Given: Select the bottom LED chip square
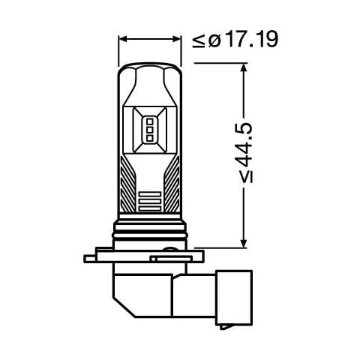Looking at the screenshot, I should (x=149, y=137).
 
